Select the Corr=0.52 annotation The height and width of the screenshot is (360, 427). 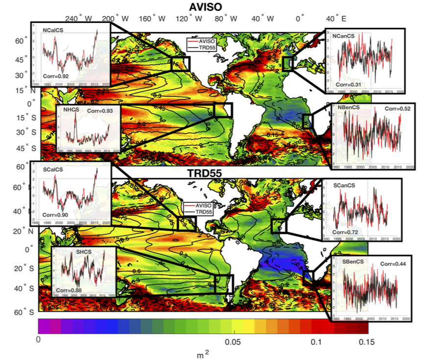[398, 108]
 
